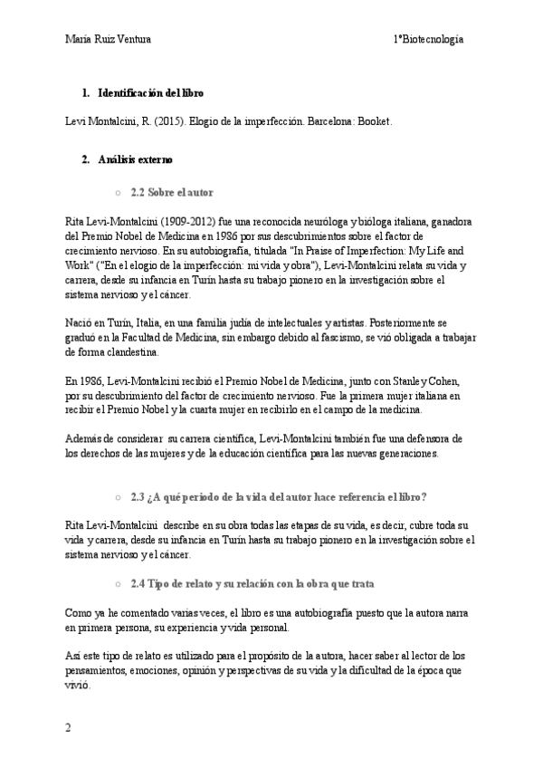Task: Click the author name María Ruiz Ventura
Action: point(108,39)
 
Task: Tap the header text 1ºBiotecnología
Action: point(429,39)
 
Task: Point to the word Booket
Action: point(374,120)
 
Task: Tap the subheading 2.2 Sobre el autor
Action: point(172,193)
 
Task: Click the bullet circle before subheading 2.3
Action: point(118,497)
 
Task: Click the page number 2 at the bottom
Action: point(67,727)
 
